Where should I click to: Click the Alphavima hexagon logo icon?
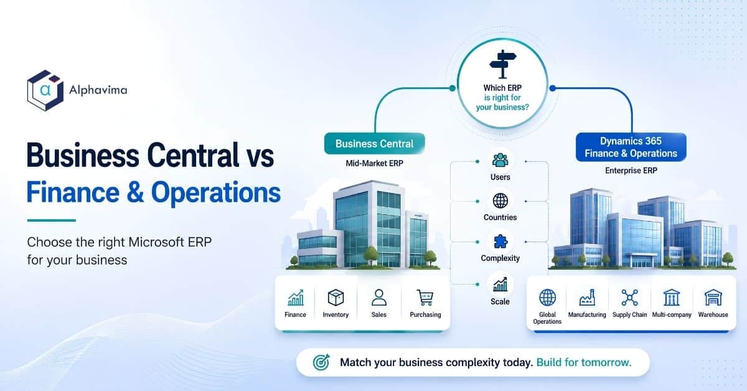[45, 90]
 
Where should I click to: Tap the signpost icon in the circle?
[502, 64]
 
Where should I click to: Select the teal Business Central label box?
[375, 144]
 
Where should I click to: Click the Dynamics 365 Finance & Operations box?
[631, 147]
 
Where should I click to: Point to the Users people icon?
[500, 161]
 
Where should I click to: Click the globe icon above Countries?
[500, 201]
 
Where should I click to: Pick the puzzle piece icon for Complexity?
[500, 242]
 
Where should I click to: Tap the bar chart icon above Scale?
[500, 285]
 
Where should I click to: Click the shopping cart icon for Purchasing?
[425, 298]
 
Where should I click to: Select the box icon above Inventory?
[336, 298]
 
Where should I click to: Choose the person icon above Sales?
[379, 298]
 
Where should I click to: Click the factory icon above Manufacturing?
[587, 298]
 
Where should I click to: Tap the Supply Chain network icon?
[629, 298]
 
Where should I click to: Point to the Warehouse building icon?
[713, 298]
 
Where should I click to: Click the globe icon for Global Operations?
[548, 298]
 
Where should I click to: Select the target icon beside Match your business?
[321, 362]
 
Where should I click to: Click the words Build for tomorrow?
[584, 362]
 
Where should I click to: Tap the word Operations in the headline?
[216, 192]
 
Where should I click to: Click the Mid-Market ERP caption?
[375, 164]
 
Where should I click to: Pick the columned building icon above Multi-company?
[672, 298]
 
